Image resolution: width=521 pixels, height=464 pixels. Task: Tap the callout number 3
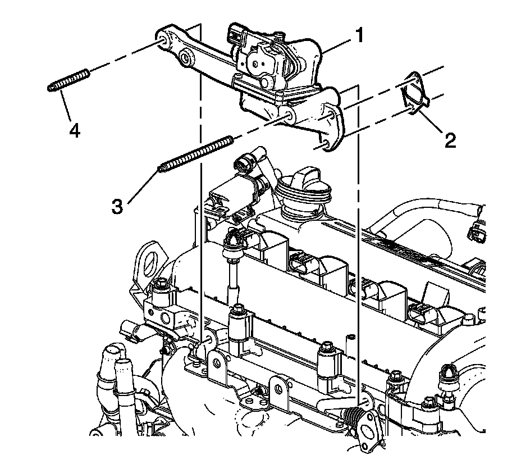pyautogui.click(x=117, y=206)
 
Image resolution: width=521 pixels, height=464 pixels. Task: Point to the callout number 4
pyautogui.click(x=74, y=130)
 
